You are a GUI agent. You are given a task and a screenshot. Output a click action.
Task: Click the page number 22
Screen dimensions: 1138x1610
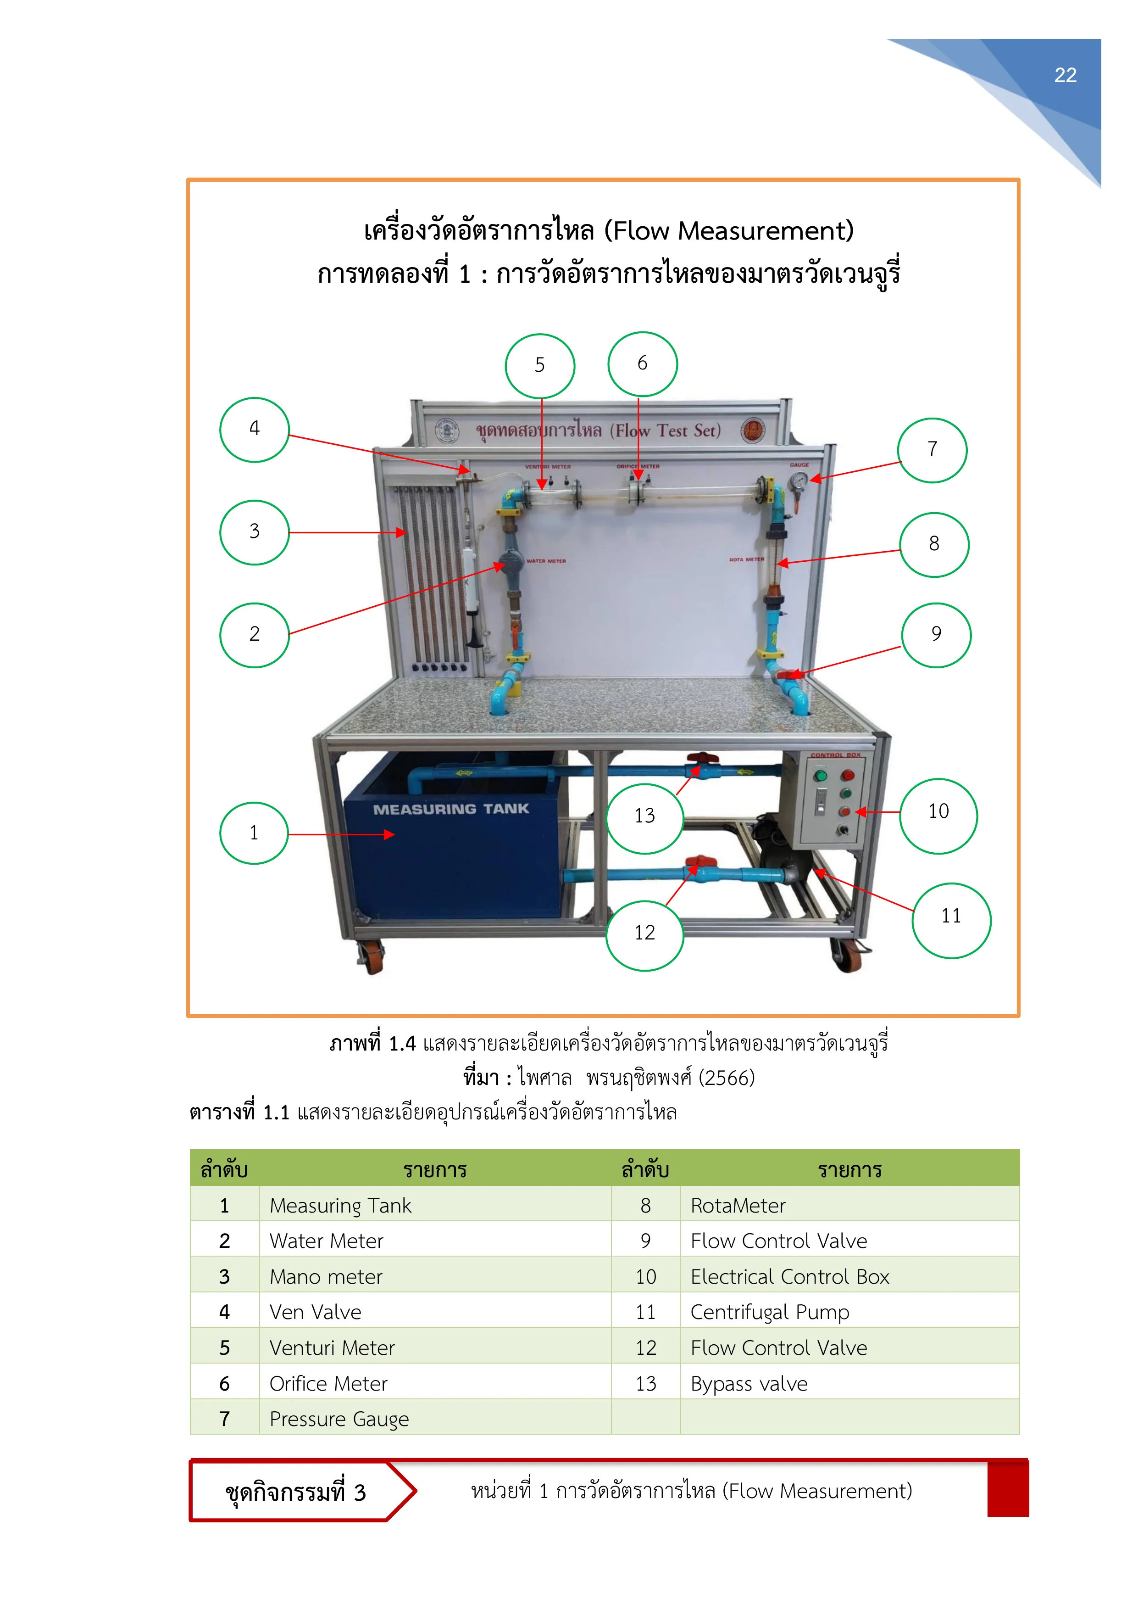[1065, 75]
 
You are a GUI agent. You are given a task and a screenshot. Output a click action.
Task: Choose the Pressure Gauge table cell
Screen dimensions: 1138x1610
[434, 1418]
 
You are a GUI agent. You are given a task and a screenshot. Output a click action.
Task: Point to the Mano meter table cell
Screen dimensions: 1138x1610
[434, 1276]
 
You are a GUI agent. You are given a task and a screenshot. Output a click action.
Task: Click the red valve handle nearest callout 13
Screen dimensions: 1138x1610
[699, 758]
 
